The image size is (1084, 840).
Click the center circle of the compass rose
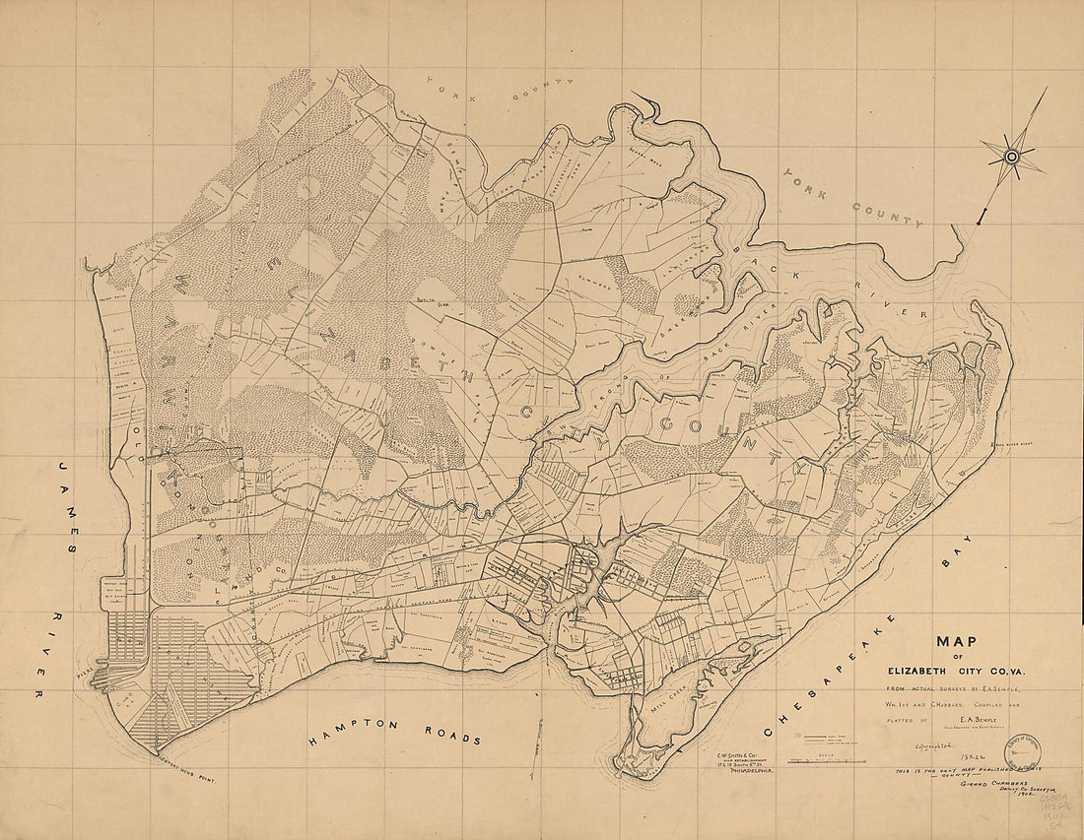[1012, 155]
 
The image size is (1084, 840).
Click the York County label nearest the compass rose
[852, 197]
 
